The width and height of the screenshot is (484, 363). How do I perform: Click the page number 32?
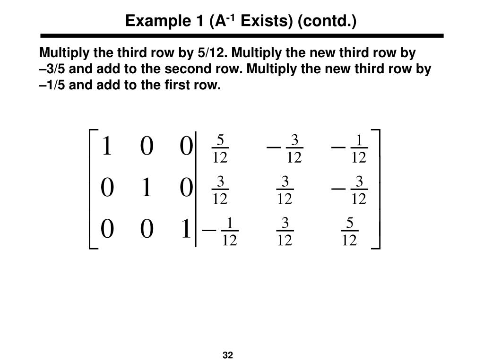(x=228, y=355)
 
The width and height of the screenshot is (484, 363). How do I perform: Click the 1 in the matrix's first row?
(x=107, y=146)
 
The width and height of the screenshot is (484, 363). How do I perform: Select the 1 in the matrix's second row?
(x=147, y=189)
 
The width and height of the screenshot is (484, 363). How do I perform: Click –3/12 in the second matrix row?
(x=350, y=190)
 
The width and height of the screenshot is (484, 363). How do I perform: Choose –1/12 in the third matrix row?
(x=221, y=231)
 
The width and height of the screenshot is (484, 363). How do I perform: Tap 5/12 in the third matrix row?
(x=349, y=231)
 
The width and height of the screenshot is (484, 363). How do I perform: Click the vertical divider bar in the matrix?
(x=196, y=189)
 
